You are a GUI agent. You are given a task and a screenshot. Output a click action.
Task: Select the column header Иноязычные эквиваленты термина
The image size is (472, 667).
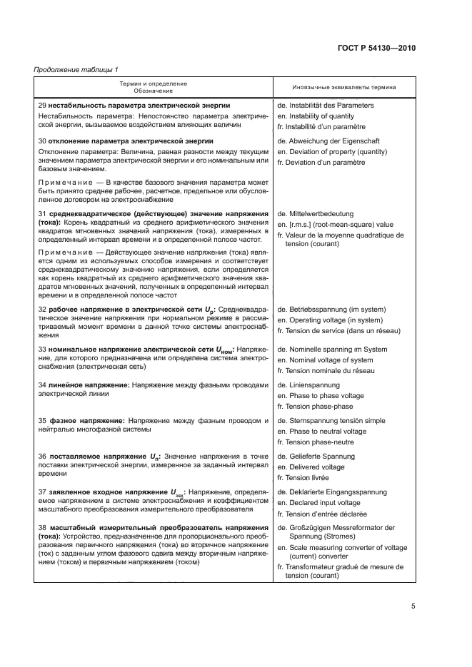point(344,87)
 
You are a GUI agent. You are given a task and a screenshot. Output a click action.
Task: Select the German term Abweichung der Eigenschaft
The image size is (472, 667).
point(326,141)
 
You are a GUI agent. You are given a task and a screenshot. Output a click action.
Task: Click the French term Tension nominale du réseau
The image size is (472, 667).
point(325,371)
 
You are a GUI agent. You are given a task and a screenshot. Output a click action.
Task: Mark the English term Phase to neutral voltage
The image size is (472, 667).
point(321,432)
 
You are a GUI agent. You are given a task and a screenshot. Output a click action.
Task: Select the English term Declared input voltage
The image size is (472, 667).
point(318,503)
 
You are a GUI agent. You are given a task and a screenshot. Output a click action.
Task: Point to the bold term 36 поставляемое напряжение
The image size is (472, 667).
point(92,457)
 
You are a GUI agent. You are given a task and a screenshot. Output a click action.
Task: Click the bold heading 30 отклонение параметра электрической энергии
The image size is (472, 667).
point(126,141)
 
